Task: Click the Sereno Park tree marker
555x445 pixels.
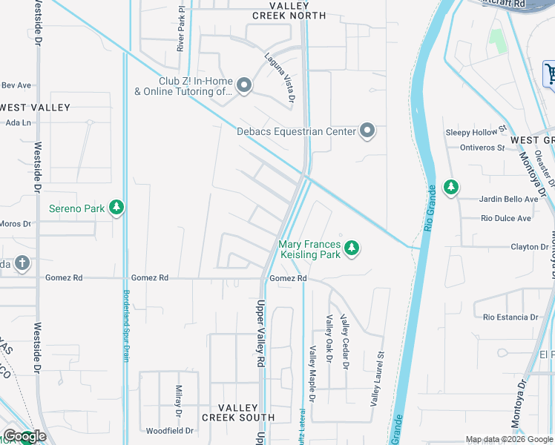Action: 116,208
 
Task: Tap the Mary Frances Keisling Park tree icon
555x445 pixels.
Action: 352,248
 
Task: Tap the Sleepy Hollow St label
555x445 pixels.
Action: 476,132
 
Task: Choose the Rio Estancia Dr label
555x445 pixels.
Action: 510,317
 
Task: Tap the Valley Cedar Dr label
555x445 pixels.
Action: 344,341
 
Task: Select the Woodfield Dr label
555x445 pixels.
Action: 170,430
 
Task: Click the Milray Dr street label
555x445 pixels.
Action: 179,401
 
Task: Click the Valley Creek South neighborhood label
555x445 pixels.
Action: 247,412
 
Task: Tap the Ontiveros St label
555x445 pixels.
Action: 481,148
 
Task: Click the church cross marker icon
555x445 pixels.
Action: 22,263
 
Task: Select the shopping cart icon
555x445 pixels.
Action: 550,73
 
